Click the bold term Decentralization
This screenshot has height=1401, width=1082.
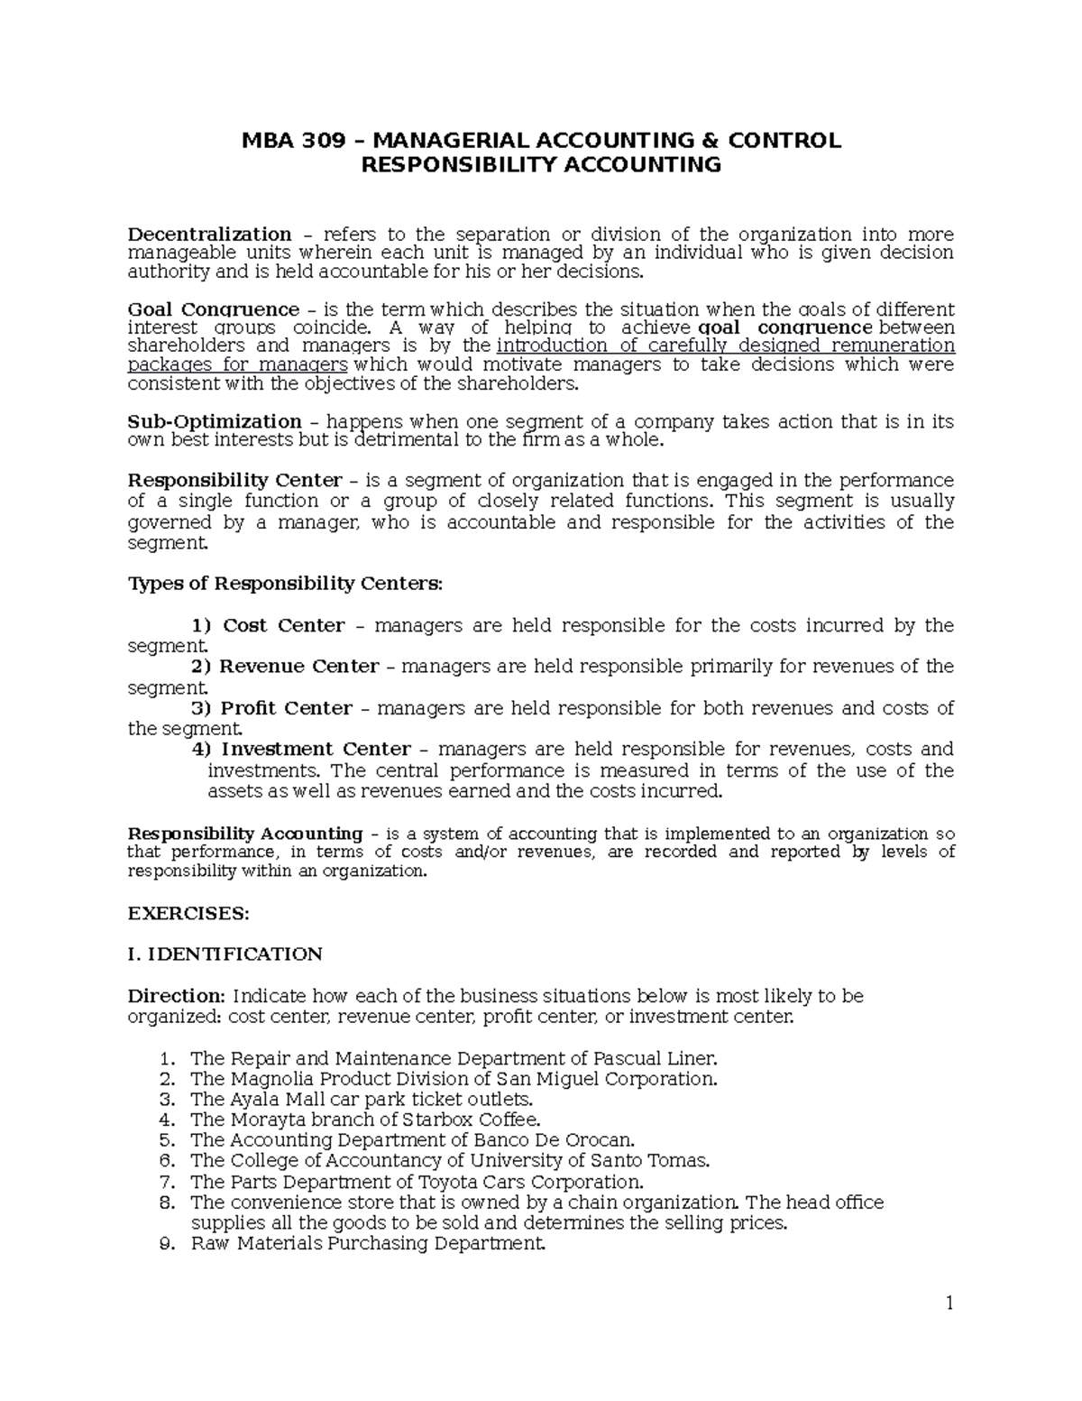(x=209, y=235)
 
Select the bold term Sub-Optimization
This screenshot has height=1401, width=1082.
(x=215, y=421)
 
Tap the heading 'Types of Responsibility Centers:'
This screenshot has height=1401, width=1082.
(x=286, y=584)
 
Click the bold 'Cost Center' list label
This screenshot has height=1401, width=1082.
(x=283, y=626)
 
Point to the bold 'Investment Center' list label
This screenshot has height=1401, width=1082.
(x=316, y=750)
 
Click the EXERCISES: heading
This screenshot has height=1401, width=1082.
(x=188, y=913)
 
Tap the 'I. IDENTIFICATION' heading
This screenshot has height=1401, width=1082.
(x=225, y=954)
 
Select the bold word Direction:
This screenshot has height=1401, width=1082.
(x=176, y=996)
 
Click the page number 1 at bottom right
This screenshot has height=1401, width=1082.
(x=949, y=1304)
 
